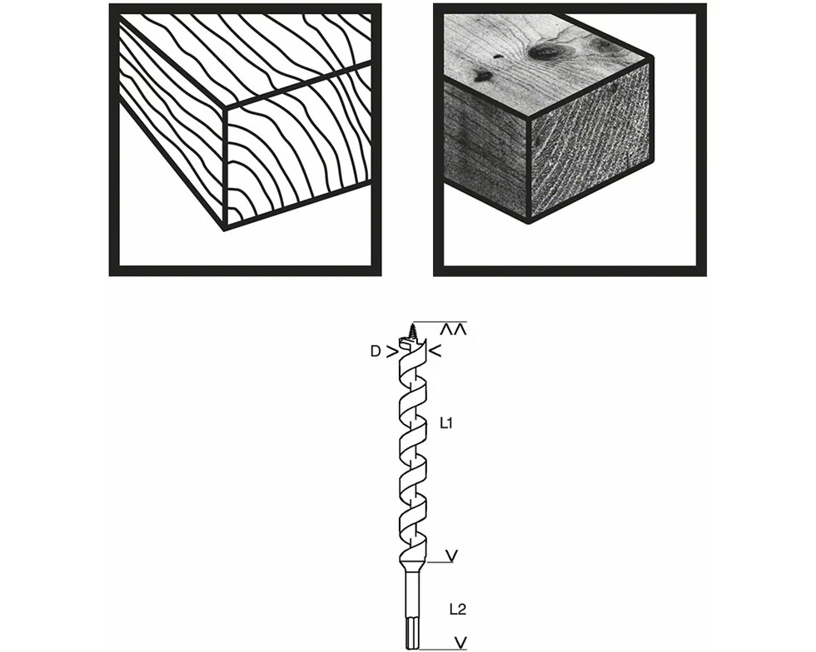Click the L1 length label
[445, 423]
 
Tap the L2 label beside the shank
[457, 610]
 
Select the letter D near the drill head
[376, 352]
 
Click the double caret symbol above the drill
[454, 330]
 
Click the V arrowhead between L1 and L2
[452, 555]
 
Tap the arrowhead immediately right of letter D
[392, 352]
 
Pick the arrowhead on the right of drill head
[434, 352]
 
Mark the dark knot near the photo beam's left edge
[481, 76]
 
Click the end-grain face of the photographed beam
[590, 158]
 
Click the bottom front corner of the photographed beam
[528, 223]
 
